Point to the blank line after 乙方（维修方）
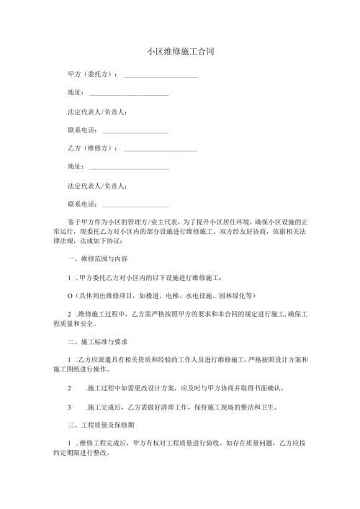point(161,150)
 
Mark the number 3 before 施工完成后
point(68,406)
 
